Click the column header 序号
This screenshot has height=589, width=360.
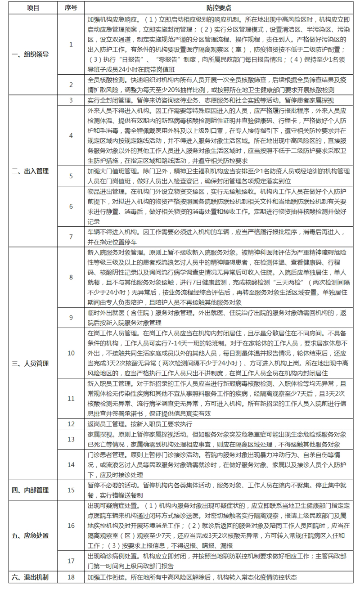[71, 8]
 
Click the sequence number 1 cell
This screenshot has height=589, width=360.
[71, 45]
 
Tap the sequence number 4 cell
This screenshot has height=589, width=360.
[71, 135]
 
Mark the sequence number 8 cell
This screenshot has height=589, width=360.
[71, 277]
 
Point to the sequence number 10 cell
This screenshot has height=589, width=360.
[71, 353]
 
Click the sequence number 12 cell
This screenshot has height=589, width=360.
[71, 423]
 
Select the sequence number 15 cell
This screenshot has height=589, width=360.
[71, 490]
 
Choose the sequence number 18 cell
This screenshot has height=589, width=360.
[71, 577]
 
